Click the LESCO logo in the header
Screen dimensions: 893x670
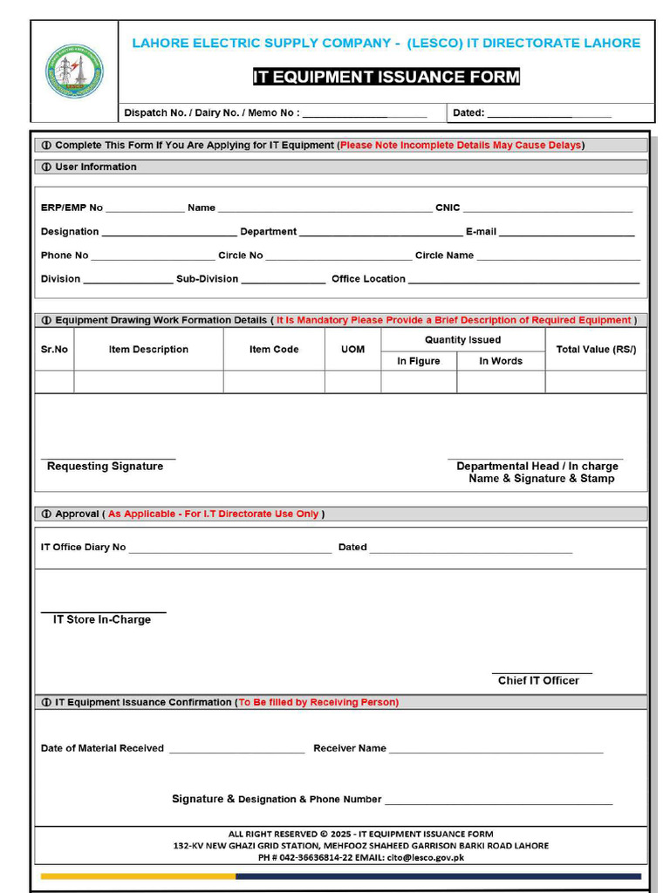[x=74, y=71]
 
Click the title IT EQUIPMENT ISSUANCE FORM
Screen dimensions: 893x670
[x=386, y=77]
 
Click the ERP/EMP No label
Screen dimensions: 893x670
[x=72, y=208]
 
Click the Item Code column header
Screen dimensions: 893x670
[x=274, y=350]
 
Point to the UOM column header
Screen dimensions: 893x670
[x=352, y=350]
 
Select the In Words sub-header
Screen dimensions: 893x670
[x=501, y=361]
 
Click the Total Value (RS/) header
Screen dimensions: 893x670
[x=596, y=350]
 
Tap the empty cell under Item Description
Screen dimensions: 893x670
[x=148, y=382]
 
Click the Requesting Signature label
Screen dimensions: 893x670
[x=105, y=467]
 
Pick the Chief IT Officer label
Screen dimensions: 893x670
[x=538, y=680]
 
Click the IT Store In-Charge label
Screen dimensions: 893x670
[x=102, y=619]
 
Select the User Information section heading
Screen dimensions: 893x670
[x=95, y=167]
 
